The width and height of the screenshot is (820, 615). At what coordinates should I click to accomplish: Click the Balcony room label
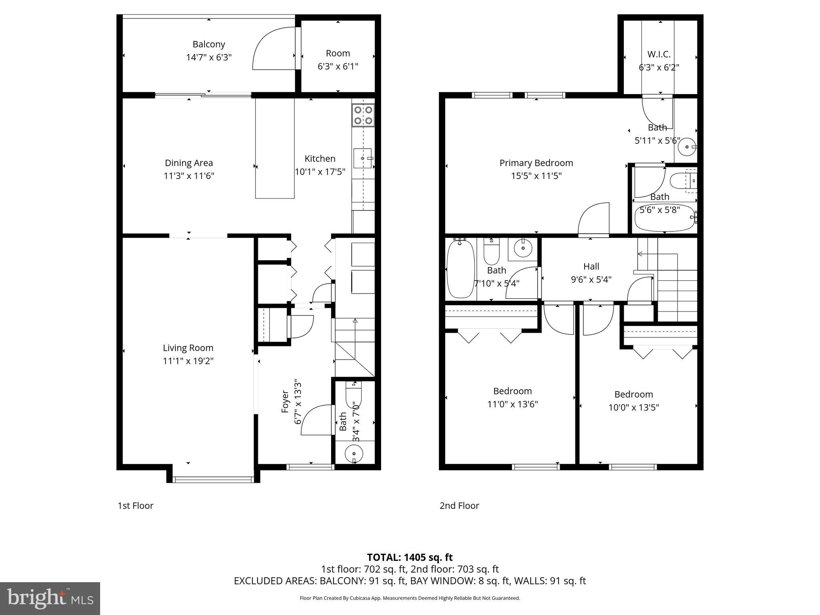tap(209, 44)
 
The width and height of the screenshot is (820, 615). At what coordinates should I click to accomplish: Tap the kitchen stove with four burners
tap(363, 115)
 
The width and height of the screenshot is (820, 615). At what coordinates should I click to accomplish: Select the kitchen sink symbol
tap(363, 159)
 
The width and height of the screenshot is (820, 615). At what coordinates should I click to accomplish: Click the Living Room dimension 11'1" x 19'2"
tap(188, 361)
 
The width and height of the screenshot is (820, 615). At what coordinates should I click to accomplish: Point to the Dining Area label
tap(189, 163)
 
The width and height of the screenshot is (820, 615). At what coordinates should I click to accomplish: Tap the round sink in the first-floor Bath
tap(354, 454)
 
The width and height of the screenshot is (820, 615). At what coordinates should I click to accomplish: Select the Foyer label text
tap(285, 402)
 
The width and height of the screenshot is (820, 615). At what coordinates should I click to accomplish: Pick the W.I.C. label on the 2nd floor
tap(659, 54)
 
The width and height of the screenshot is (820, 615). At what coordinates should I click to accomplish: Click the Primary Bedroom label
tap(536, 163)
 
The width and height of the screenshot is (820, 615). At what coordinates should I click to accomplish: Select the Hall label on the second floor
tap(591, 267)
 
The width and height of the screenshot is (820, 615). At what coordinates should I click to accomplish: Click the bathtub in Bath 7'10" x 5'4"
tap(460, 268)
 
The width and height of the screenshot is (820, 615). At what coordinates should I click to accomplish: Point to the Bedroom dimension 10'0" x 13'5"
tap(633, 408)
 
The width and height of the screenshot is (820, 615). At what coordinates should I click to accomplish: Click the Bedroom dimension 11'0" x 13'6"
tap(512, 404)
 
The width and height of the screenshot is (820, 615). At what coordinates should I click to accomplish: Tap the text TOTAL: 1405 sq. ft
tap(410, 557)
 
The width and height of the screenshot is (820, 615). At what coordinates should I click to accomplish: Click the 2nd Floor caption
tap(459, 506)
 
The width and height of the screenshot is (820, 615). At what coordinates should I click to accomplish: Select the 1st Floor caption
tap(135, 506)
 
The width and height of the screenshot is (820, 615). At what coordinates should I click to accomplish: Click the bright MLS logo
tap(50, 598)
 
